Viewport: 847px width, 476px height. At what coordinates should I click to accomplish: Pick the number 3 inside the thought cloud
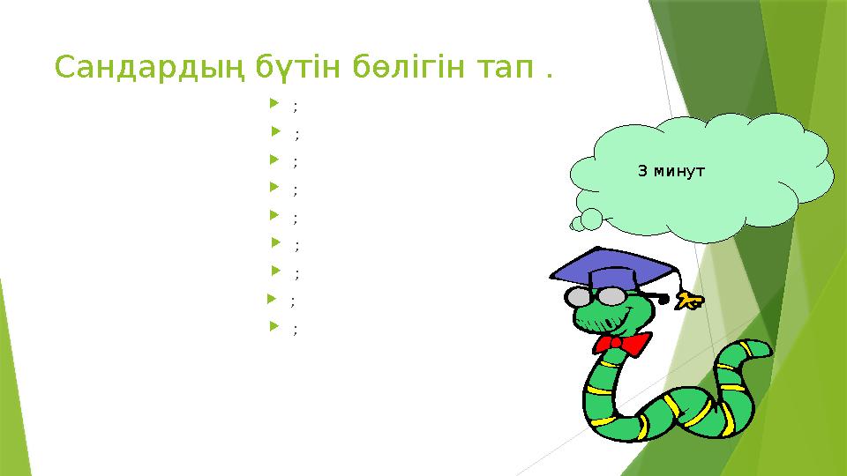(641, 171)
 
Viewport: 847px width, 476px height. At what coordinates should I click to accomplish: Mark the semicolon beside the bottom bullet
(295, 330)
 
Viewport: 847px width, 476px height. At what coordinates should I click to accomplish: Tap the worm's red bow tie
(621, 342)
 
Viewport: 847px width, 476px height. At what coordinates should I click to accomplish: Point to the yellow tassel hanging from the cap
(689, 301)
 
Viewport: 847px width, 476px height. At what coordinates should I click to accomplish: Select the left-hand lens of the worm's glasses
(579, 295)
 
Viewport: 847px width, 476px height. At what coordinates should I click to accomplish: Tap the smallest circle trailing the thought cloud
(577, 225)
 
